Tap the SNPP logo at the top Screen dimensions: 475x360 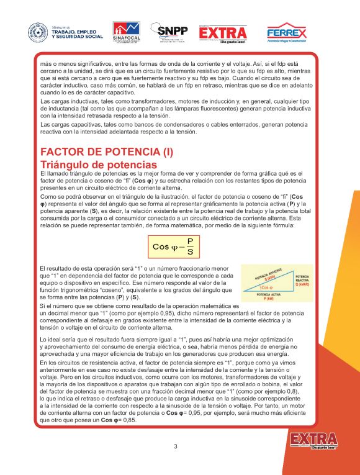click(x=173, y=32)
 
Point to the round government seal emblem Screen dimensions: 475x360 click(x=38, y=33)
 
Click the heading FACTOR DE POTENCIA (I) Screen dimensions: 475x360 click(x=106, y=152)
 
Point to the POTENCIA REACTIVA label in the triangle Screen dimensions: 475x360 click(x=303, y=278)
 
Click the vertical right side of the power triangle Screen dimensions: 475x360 click(x=292, y=281)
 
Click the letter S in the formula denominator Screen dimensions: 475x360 click(x=189, y=252)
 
